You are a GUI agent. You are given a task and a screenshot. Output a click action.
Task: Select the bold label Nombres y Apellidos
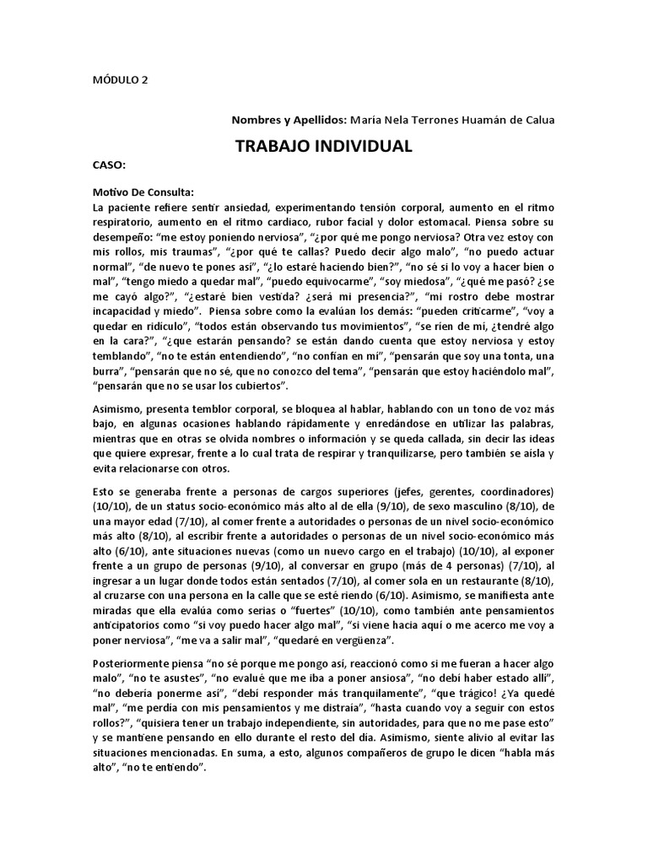[x=288, y=120]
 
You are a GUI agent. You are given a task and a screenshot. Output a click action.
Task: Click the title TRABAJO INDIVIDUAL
[x=323, y=146]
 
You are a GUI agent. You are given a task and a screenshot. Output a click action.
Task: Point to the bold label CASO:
[x=109, y=167]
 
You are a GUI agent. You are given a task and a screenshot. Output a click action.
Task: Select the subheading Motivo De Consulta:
[x=143, y=192]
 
